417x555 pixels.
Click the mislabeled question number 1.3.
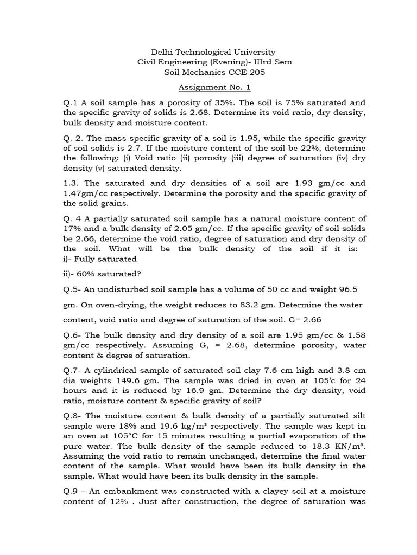(71, 183)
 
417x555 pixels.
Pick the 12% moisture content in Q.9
(122, 501)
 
